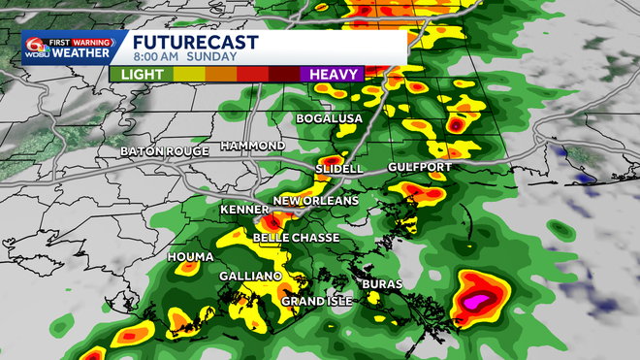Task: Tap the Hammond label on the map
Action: tap(252, 146)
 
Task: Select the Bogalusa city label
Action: tap(329, 118)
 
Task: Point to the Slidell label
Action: tap(338, 169)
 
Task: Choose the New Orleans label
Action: tap(316, 201)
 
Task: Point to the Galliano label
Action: tap(250, 277)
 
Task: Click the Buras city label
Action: tap(382, 284)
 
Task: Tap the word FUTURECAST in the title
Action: tap(195, 43)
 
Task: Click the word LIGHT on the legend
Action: tap(136, 74)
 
